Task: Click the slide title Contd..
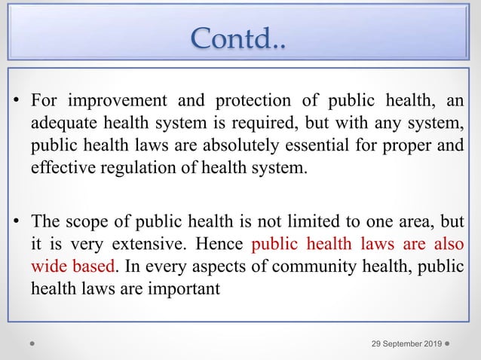239,35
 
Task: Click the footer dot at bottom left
32,344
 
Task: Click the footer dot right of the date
449,344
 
